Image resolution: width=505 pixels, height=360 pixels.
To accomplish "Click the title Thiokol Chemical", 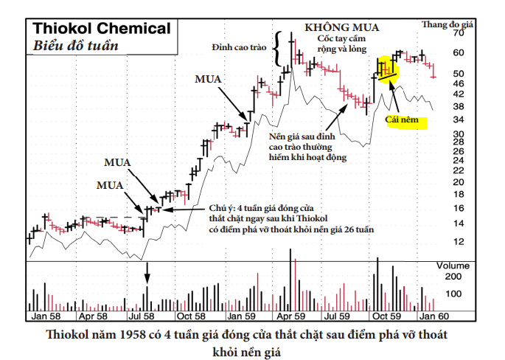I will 101,29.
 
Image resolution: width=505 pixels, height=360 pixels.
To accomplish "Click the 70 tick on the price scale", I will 459,34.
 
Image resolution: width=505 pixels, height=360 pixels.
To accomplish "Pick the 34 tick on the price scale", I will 459,120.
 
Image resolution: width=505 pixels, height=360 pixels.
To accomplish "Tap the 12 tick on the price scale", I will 459,241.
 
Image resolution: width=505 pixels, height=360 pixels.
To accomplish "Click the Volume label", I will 453,264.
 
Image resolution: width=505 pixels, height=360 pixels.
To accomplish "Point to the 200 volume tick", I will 453,276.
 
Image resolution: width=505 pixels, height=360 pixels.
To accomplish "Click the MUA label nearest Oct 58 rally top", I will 209,78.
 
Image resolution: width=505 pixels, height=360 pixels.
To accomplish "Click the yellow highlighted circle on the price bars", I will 387,69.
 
